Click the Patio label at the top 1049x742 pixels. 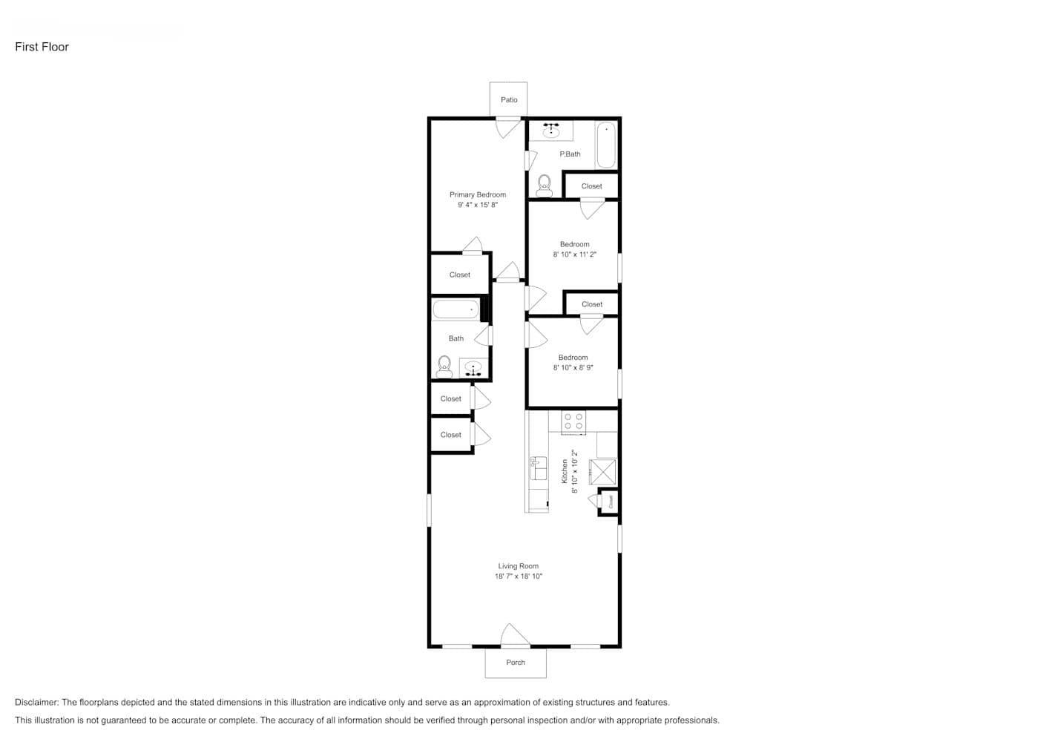click(x=509, y=99)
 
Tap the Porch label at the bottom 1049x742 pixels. click(x=516, y=663)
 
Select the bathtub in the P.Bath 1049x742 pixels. click(x=606, y=145)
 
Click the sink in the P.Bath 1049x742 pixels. click(x=550, y=131)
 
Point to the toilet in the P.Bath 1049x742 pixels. click(x=545, y=185)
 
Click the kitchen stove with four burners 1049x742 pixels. click(x=573, y=421)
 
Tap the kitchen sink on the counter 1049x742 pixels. click(x=538, y=468)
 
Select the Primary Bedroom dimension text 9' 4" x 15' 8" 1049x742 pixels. click(x=478, y=205)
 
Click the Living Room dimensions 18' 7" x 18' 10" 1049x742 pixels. click(x=519, y=577)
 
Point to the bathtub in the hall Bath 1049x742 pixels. click(x=456, y=309)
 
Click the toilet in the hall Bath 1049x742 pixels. click(x=444, y=367)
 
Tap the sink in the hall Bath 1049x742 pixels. click(x=473, y=368)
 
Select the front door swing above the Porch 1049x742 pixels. click(x=514, y=636)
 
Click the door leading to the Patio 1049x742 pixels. click(x=509, y=127)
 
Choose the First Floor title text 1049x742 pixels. click(x=42, y=47)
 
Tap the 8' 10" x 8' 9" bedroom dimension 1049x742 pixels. click(x=573, y=368)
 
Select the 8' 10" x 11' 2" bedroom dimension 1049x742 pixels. click(x=575, y=255)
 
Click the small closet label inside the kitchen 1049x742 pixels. click(x=611, y=502)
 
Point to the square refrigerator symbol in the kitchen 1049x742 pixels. click(x=602, y=471)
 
